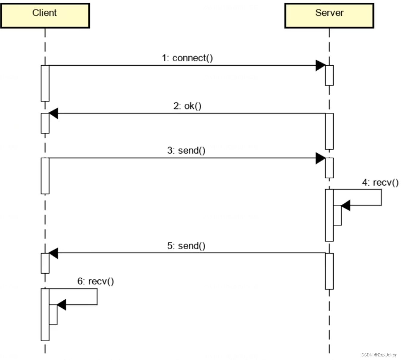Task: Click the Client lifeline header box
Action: pos(45,15)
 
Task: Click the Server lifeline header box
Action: pos(329,15)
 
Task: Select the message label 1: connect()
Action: pos(187,58)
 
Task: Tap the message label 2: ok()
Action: pos(187,106)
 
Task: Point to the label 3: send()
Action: pos(186,150)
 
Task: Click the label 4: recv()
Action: pos(380,182)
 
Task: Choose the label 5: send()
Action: pos(186,246)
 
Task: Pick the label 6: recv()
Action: pos(95,281)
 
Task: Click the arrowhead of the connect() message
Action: pos(321,66)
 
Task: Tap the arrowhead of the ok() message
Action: pos(54,114)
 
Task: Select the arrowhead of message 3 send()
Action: pos(321,158)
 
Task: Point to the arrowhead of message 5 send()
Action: pos(54,253)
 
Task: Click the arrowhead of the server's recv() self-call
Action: pos(346,206)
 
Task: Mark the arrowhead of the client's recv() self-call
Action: pos(61,305)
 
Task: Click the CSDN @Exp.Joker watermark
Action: pos(379,355)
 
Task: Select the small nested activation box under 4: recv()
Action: pos(337,215)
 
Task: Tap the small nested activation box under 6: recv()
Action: pos(53,314)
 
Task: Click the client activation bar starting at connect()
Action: pos(45,83)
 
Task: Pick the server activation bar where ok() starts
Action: pos(329,131)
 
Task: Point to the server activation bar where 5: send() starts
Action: pos(329,271)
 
